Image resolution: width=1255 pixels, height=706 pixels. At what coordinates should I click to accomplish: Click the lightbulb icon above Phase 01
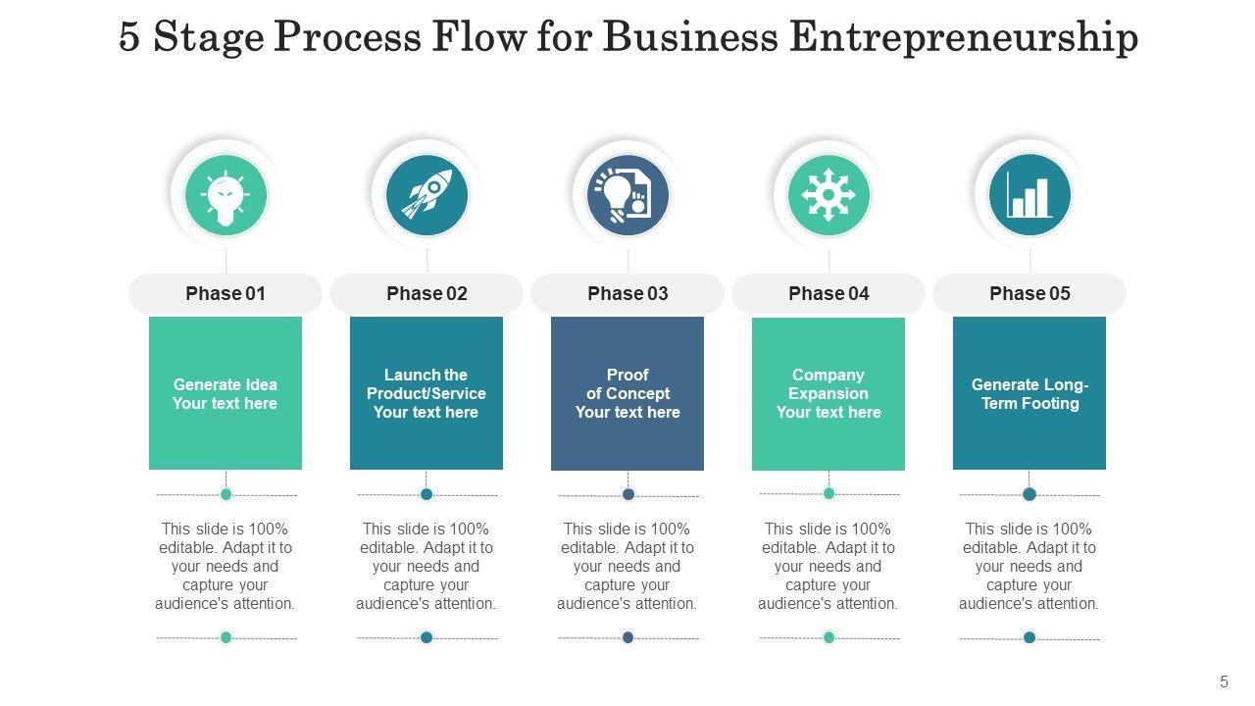click(x=226, y=195)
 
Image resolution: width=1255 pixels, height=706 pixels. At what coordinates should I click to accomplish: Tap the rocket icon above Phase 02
click(x=427, y=195)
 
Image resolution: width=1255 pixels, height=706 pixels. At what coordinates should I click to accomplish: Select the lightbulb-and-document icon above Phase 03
click(x=627, y=195)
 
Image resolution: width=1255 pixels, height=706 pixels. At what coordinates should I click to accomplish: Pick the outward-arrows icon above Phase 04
click(x=828, y=195)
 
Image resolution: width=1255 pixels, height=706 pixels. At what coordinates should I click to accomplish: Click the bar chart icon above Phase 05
click(x=1029, y=195)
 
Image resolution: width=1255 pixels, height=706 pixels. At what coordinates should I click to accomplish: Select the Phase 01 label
click(x=226, y=293)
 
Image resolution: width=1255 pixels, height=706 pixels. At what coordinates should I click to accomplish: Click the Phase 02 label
click(x=427, y=293)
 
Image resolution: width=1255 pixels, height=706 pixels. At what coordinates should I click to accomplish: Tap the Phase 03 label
click(x=627, y=293)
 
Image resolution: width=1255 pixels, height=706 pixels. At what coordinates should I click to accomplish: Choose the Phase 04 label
click(x=828, y=293)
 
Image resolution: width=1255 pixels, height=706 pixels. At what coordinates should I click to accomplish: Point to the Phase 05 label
click(x=1029, y=293)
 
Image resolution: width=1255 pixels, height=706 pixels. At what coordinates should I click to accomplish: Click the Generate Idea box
click(x=226, y=393)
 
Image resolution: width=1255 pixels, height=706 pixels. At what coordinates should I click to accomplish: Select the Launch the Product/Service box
click(x=427, y=393)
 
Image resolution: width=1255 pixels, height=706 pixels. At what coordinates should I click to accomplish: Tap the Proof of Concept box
click(x=627, y=393)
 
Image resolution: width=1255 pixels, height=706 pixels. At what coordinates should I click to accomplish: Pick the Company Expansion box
click(x=828, y=393)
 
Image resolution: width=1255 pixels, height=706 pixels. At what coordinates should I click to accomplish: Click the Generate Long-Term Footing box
click(x=1029, y=393)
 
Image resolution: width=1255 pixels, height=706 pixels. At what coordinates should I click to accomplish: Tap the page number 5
click(x=1224, y=681)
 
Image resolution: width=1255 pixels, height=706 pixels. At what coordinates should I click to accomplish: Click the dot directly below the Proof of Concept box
click(x=628, y=494)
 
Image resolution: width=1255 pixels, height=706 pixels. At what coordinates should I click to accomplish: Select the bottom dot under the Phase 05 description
click(x=1029, y=637)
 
